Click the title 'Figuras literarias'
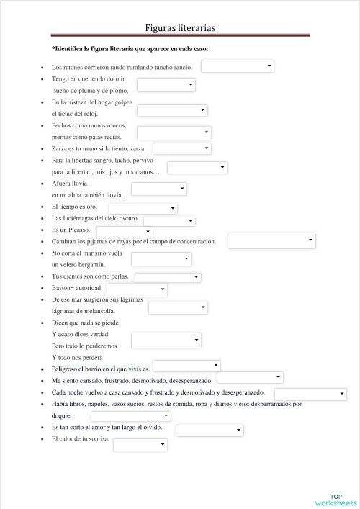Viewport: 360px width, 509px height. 180,27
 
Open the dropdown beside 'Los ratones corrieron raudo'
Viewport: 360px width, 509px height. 238,66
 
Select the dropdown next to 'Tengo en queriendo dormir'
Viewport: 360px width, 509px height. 166,85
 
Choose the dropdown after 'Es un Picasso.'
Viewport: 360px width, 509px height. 130,231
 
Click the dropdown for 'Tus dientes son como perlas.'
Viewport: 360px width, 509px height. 167,277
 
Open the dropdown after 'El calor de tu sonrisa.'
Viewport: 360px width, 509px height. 140,444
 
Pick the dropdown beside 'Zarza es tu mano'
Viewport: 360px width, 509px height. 181,148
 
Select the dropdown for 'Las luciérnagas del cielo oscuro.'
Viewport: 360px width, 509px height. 169,221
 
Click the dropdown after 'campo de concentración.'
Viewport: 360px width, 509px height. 271,241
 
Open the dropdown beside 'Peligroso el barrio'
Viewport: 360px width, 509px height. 186,366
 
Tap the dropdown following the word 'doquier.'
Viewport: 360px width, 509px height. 130,416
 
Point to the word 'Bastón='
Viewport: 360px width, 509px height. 63,288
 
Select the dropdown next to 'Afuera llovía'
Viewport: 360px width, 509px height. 159,189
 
